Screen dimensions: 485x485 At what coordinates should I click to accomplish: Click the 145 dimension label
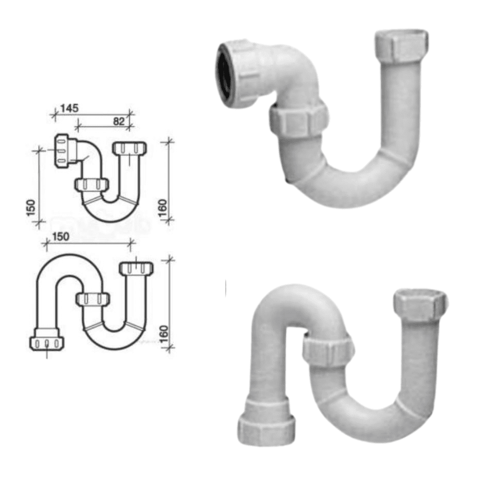click(70, 108)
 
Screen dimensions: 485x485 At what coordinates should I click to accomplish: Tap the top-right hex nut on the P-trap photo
click(401, 48)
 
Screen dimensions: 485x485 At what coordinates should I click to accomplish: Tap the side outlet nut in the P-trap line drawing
click(62, 150)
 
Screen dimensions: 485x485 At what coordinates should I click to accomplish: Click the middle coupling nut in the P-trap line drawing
click(92, 185)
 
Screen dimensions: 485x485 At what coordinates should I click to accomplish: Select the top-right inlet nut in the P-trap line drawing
click(130, 148)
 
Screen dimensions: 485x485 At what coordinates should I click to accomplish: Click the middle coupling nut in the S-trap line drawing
click(93, 299)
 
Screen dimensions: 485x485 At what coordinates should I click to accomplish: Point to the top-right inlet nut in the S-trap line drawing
click(136, 268)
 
